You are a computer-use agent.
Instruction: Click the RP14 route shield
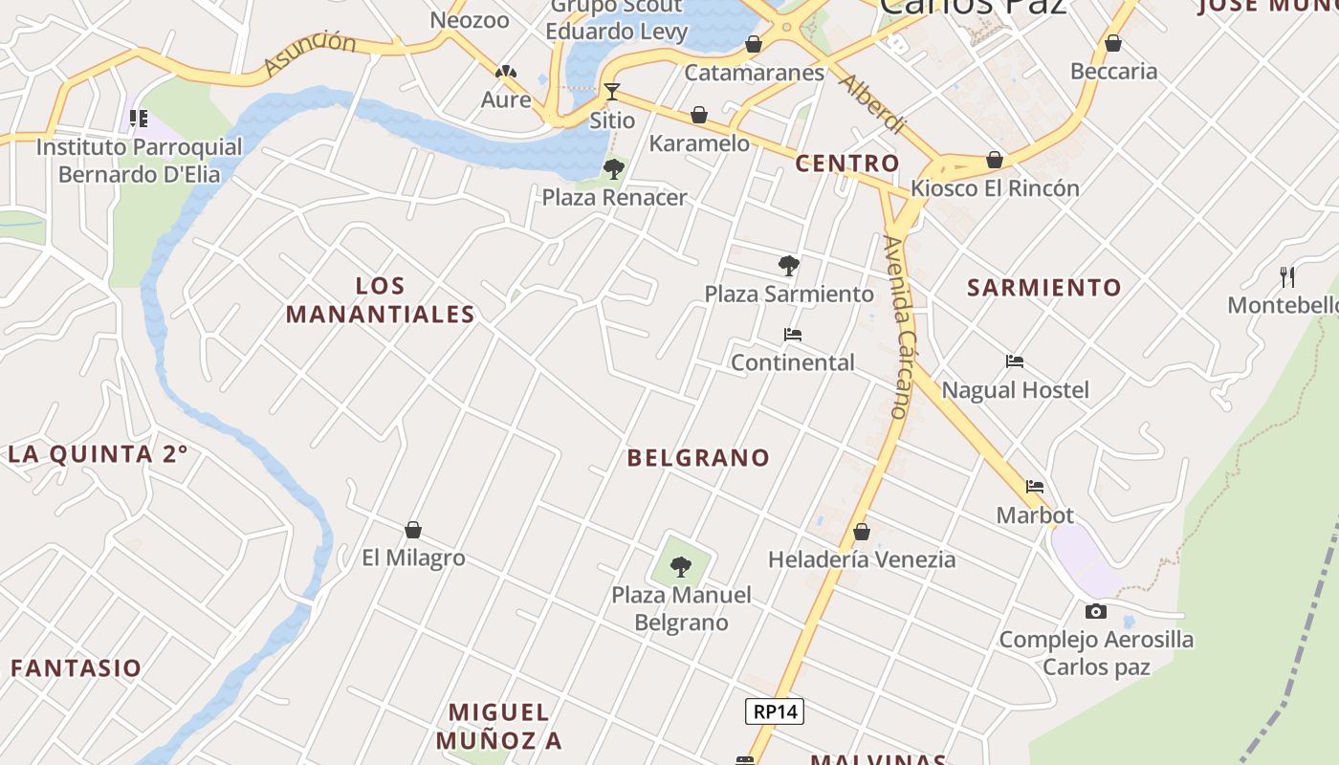775,711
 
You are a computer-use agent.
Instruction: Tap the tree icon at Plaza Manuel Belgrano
680,567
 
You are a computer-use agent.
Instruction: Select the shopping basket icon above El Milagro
413,530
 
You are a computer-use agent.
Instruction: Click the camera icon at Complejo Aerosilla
1096,611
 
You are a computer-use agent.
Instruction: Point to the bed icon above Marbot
1035,487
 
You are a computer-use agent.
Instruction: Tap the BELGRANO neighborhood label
698,458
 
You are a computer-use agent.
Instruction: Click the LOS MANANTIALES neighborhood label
381,300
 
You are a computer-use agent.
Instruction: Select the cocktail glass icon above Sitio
612,92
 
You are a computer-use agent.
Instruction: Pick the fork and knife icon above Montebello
1287,277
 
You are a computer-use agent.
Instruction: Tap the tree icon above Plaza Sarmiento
789,265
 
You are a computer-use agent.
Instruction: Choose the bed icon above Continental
792,335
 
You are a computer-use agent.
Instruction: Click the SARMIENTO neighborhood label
1044,288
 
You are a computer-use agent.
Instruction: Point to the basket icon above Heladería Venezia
862,532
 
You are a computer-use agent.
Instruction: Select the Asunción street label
310,54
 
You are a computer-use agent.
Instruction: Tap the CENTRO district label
847,164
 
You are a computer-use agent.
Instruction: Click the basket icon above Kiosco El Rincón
995,160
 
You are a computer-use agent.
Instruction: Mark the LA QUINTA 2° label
98,454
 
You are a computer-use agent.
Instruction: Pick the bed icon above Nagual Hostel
1015,361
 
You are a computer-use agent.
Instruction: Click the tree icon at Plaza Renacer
614,169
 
